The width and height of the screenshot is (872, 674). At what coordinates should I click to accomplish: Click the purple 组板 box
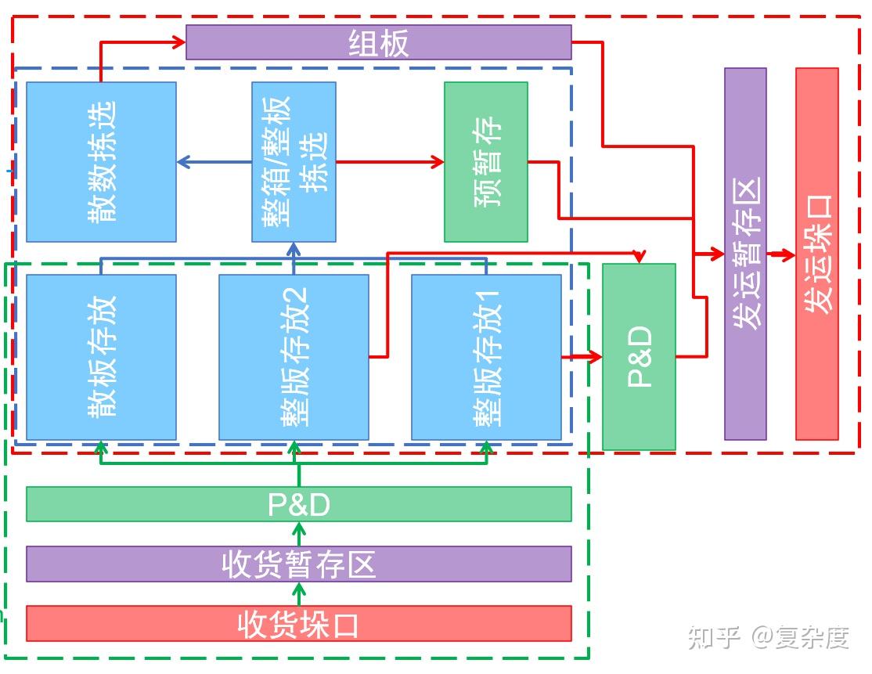[378, 42]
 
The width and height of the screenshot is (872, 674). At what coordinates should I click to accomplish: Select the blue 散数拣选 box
[101, 162]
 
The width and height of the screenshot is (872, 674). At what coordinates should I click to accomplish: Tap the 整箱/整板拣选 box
[294, 162]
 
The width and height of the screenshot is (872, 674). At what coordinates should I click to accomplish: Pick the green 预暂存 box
[485, 162]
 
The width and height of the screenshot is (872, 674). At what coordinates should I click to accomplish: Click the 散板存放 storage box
[101, 357]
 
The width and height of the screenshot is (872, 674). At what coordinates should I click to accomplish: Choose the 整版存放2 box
[294, 357]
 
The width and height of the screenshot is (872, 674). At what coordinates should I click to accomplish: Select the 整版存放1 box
[485, 357]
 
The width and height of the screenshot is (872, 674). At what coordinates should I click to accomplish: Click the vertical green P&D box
[639, 357]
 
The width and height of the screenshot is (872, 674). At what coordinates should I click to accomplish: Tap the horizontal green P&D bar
[298, 504]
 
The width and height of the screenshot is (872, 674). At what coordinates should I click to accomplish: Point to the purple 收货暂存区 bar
[298, 564]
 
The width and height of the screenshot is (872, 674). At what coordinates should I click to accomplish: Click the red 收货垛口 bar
[298, 623]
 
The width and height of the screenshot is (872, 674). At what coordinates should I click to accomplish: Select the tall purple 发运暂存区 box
[744, 254]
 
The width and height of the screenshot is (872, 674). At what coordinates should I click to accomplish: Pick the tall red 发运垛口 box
[816, 254]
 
